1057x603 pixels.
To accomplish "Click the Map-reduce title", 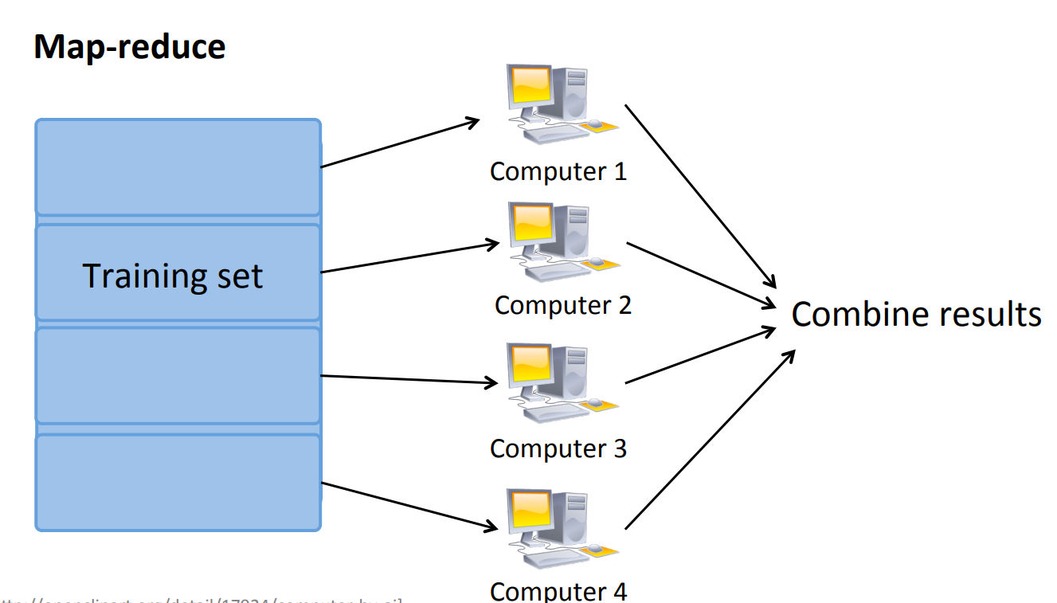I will pyautogui.click(x=130, y=48).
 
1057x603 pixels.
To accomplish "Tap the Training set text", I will pyautogui.click(x=173, y=276).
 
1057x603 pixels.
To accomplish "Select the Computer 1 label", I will pyautogui.click(x=558, y=171).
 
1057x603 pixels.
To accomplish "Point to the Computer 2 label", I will pyautogui.click(x=563, y=305).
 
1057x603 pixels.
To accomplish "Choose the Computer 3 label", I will pyautogui.click(x=558, y=448).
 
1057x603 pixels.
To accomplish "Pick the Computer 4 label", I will pyautogui.click(x=558, y=591).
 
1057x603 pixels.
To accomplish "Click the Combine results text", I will pyautogui.click(x=916, y=314).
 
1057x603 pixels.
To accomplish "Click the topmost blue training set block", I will pyautogui.click(x=178, y=167).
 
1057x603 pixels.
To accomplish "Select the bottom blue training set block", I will pyautogui.click(x=178, y=483).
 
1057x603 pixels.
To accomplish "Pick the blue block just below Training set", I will pyautogui.click(x=178, y=375).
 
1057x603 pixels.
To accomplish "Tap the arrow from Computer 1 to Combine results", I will pyautogui.click(x=699, y=194).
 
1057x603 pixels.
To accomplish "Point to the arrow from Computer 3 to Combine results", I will pyautogui.click(x=701, y=355).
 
